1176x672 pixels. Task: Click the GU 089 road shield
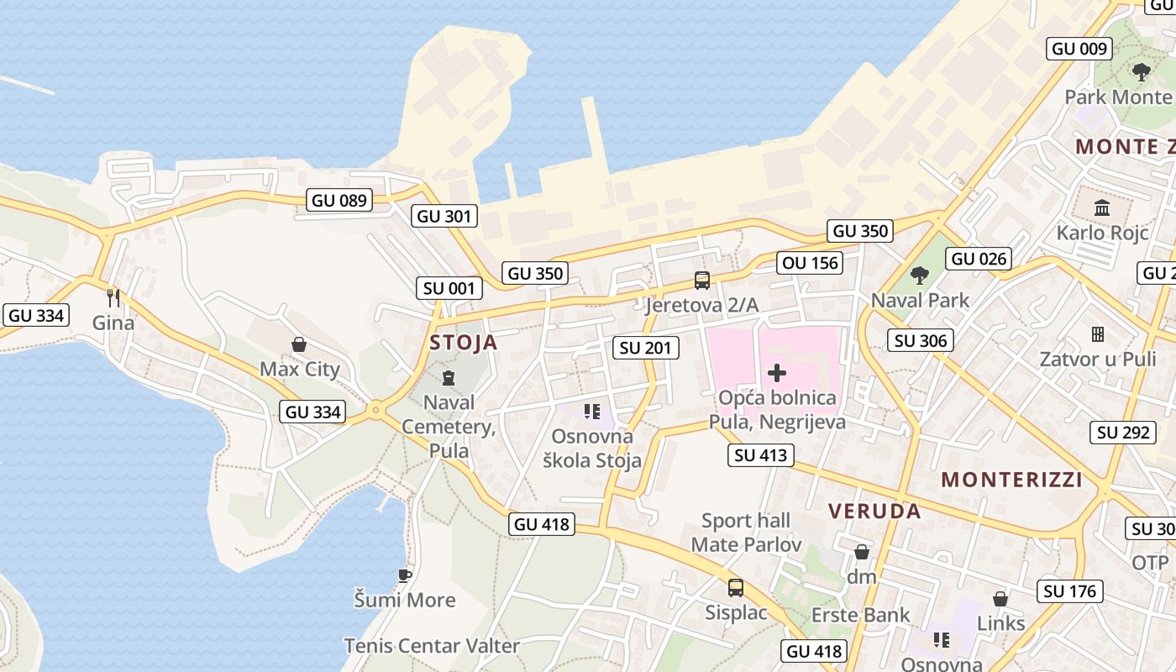point(340,200)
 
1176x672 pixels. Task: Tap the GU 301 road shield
point(445,216)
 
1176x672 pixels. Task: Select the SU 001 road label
point(449,288)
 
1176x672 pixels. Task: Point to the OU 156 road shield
point(810,263)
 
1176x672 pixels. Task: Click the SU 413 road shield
point(761,455)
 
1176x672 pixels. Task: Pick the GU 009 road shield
point(1080,48)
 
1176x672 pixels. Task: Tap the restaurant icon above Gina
point(113,297)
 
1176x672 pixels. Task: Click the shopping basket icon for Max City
point(298,344)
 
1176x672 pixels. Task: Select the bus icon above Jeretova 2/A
point(701,281)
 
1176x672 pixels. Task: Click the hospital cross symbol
point(777,372)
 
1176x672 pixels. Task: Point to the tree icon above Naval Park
point(920,275)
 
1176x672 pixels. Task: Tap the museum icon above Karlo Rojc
point(1102,207)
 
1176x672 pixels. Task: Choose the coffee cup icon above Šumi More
point(405,575)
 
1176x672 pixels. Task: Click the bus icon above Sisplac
point(736,587)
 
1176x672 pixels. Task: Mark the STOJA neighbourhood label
point(464,343)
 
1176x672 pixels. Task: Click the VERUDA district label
point(874,511)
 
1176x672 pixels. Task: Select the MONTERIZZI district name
point(1011,480)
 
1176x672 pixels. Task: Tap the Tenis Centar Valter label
point(432,646)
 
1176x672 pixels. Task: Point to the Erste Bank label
point(860,615)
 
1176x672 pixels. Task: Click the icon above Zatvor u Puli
point(1097,334)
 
